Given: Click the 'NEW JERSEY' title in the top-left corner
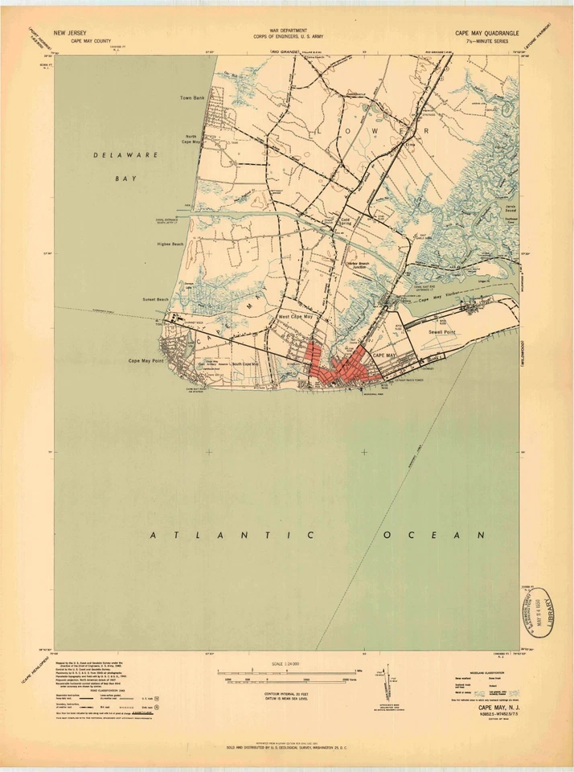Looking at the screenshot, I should pos(70,33).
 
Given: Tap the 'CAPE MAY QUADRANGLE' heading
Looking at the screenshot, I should pos(487,33).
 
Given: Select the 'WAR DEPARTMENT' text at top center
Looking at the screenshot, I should pos(289,31).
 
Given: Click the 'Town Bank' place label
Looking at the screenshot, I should pos(193,97).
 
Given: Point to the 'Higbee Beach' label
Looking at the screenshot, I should pos(170,244).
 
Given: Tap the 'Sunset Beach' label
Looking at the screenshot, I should pos(155,299).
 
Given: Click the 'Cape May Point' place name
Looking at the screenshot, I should pos(146,360).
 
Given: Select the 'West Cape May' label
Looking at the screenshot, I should pos(296,317).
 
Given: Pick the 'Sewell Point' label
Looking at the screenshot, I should pos(443,331).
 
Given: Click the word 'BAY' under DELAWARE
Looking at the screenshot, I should pos(125,179).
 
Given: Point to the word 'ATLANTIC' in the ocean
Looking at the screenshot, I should pos(226,535).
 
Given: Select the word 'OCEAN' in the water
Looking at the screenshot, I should pos(434,535).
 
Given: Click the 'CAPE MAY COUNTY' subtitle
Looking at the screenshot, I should pos(92,40).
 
